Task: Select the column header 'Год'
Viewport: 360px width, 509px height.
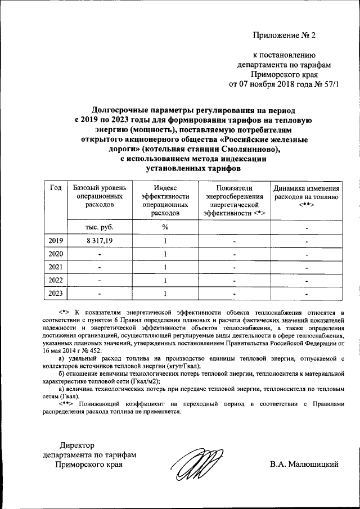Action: click(x=56, y=188)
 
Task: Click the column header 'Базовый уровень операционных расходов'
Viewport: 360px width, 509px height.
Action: click(x=100, y=196)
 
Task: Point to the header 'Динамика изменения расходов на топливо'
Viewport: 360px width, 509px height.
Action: click(x=306, y=196)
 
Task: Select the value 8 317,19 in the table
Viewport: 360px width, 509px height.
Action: click(x=100, y=241)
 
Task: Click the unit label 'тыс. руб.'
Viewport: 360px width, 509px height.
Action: click(x=100, y=227)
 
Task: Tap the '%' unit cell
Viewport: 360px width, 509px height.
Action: click(x=165, y=227)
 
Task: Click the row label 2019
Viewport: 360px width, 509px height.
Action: click(x=56, y=241)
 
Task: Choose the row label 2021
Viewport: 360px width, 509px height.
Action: click(x=56, y=267)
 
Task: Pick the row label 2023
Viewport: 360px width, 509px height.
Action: click(x=56, y=293)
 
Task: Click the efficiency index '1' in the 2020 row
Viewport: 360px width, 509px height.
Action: click(x=165, y=254)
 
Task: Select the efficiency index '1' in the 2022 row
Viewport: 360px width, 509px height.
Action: click(x=165, y=280)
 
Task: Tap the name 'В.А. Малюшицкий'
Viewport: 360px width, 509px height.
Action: click(x=304, y=465)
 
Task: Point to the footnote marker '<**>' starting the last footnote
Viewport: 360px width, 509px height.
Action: click(x=67, y=403)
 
